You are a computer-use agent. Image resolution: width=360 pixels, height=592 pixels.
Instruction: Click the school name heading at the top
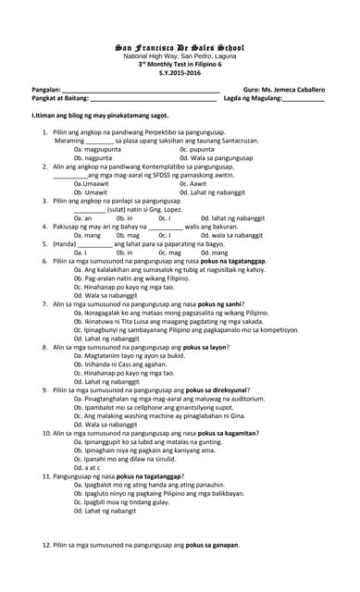(x=180, y=46)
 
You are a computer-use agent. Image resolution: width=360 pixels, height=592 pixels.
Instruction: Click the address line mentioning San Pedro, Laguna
(x=180, y=55)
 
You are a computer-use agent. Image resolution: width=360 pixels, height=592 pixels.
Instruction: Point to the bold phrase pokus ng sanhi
(x=221, y=303)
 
